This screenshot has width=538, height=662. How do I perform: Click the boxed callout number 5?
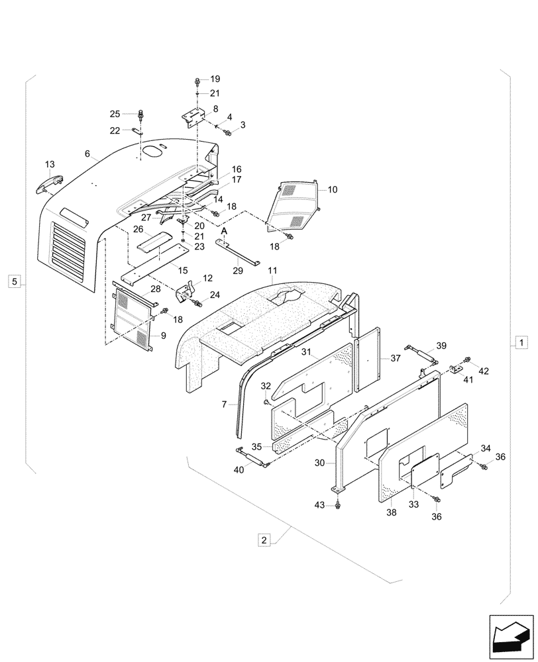[x=15, y=281]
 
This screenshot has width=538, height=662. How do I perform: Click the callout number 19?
[x=215, y=79]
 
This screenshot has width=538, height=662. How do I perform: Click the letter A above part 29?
[x=224, y=230]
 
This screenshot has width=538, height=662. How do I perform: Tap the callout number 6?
[x=87, y=153]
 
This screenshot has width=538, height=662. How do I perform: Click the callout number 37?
[x=396, y=358]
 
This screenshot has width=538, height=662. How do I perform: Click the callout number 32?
[x=266, y=386]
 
